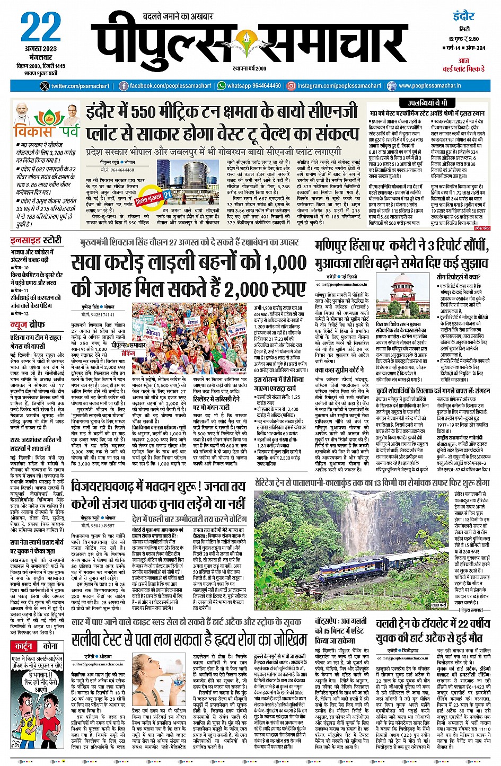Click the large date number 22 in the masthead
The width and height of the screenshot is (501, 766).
pos(41,29)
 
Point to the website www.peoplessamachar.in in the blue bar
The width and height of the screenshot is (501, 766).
pos(429,86)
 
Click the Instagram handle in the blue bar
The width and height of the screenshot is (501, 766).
pos(339,86)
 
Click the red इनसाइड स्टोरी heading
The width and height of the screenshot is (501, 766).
pos(36,241)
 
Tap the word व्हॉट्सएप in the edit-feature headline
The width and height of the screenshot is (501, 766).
pos(332,621)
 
